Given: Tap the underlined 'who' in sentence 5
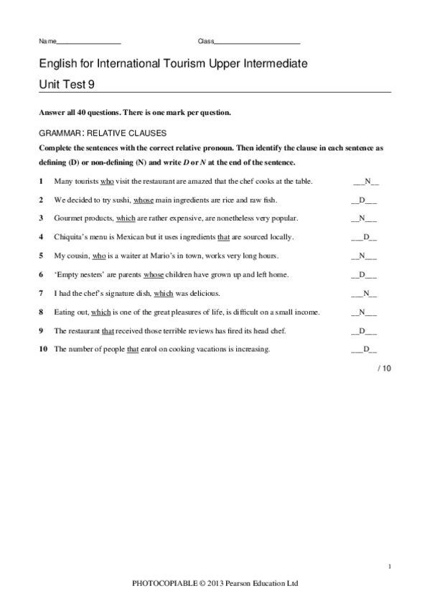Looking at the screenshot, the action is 98,256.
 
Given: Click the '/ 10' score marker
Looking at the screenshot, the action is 385,368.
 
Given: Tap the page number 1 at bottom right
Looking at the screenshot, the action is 389,568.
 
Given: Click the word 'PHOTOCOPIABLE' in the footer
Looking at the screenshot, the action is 166,584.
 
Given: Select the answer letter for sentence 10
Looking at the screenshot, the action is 366,350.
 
